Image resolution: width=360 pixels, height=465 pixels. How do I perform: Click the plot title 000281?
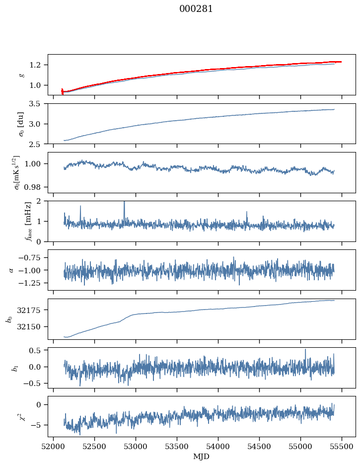[x=196, y=9]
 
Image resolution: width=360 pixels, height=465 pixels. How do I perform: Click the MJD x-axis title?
[x=201, y=457]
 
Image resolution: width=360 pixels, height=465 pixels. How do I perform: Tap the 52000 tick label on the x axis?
[x=53, y=447]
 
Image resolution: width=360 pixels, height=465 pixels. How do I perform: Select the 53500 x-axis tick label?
[x=177, y=447]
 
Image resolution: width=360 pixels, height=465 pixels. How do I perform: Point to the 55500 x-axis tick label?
[x=342, y=447]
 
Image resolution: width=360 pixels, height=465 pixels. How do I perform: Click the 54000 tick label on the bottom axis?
[x=218, y=447]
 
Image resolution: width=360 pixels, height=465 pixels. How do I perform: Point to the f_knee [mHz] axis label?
[x=28, y=221]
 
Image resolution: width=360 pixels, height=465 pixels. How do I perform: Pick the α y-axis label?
[x=11, y=270]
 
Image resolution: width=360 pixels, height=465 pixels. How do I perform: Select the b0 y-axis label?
[x=10, y=319]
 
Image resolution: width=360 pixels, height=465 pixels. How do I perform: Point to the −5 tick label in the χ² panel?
[x=37, y=425]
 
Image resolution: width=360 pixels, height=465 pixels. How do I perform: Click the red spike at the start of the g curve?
[x=62, y=91]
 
